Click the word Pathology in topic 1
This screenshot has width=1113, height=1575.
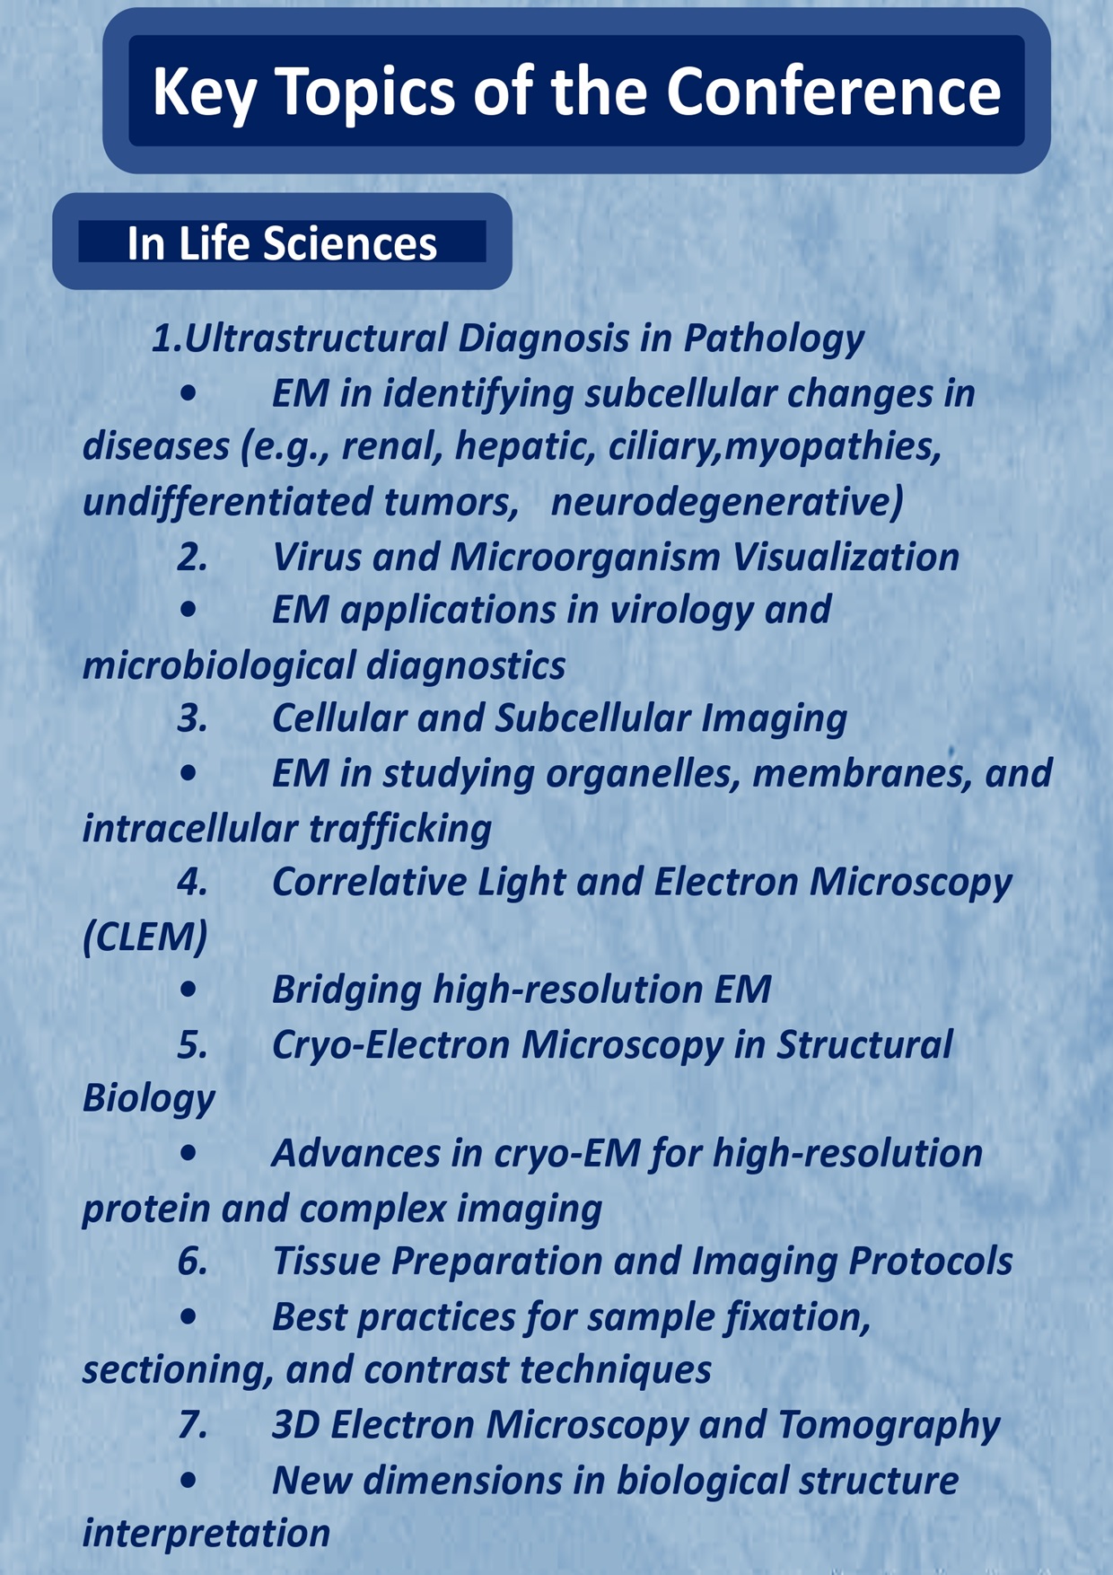pyautogui.click(x=773, y=339)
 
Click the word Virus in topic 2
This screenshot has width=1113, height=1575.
pyautogui.click(x=316, y=557)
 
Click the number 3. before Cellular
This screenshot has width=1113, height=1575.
pyautogui.click(x=193, y=718)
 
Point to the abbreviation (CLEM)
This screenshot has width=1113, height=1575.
pyautogui.click(x=145, y=937)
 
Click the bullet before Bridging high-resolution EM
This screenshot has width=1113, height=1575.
pyautogui.click(x=188, y=990)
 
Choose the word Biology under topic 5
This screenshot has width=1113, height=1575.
pyautogui.click(x=149, y=1099)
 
